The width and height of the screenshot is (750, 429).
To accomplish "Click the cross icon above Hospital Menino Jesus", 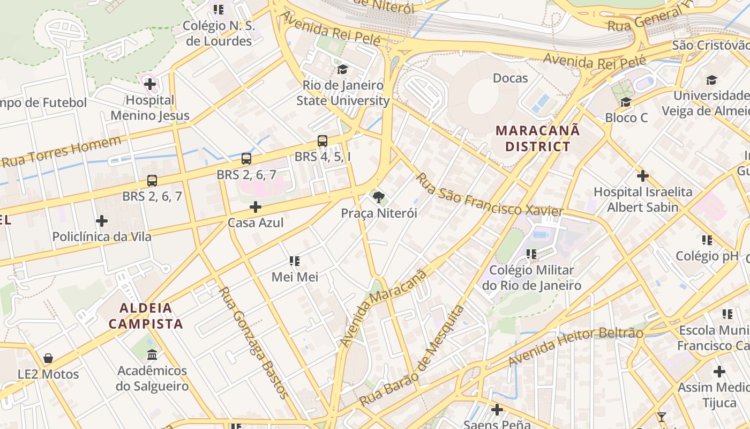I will [150, 84].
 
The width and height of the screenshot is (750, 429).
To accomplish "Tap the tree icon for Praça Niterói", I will [379, 197].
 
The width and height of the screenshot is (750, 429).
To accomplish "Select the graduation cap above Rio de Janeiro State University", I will [342, 69].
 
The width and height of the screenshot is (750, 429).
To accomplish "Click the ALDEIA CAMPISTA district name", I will [146, 316].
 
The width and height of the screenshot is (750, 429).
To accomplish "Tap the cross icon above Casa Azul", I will [256, 206].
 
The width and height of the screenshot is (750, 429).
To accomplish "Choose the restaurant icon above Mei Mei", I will [295, 261].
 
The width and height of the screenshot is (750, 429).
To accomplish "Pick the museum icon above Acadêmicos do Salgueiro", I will [152, 354].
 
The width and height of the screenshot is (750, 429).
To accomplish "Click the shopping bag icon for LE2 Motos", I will [48, 358].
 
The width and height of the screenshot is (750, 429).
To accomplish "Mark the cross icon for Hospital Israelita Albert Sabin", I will [642, 175].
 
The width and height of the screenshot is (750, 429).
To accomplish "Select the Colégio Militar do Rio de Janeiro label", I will [531, 278].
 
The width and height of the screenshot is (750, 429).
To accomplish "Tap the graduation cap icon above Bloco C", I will [626, 102].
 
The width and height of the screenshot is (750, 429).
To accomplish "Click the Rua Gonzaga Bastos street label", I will [253, 343].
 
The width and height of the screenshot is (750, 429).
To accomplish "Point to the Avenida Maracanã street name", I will [383, 308].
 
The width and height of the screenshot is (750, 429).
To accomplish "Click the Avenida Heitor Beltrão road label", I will [575, 346].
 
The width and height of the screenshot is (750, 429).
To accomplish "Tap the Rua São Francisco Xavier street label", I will [490, 195].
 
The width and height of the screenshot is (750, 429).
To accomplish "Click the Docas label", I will [510, 78].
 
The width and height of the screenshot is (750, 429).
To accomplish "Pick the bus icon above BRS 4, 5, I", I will [322, 141].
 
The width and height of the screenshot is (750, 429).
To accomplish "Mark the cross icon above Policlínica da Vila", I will [101, 220].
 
